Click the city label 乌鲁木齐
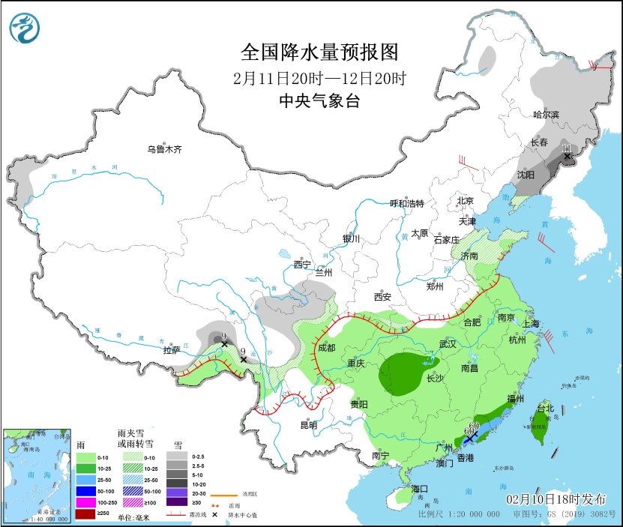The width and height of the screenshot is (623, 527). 164,149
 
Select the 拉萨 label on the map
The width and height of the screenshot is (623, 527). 172,350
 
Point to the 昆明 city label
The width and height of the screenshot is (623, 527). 308,425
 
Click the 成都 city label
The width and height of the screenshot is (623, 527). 325,348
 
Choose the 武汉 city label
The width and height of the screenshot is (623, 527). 448,343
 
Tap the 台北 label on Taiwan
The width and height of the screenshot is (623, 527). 545,409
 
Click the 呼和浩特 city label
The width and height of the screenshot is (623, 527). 407,204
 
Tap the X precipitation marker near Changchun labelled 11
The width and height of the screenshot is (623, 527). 567,156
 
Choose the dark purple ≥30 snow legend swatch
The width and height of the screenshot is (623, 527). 176,502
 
